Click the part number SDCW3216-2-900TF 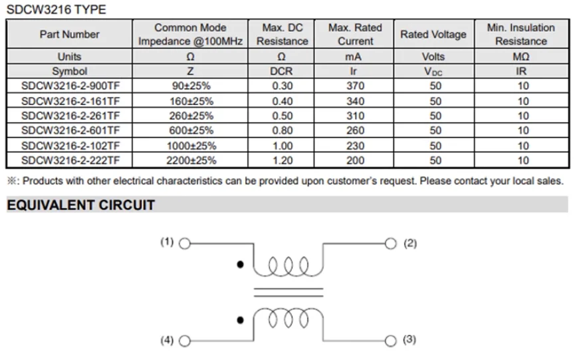coord(70,86)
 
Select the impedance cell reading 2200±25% coord(191,160)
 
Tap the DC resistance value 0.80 coord(283,130)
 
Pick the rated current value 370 coord(355,86)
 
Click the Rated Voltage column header coord(433,34)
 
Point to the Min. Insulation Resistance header coord(520,34)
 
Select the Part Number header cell coord(70,34)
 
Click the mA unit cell coord(353,56)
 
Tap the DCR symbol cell coord(281,71)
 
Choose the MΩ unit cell coord(521,56)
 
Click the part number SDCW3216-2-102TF coord(70,145)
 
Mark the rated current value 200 coord(355,160)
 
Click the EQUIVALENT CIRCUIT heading coord(81,205)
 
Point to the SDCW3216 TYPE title coord(57,9)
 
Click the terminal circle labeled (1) coord(185,244)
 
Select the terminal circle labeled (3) coord(390,341)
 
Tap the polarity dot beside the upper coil coord(240,264)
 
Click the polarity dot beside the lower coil coord(240,320)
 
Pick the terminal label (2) coord(410,244)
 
